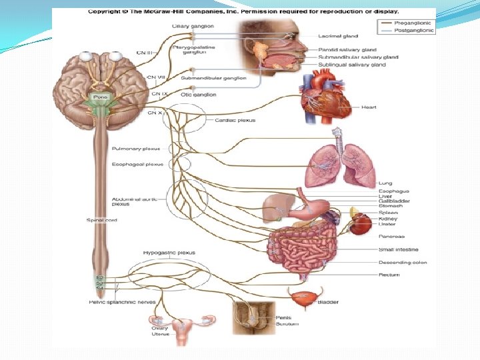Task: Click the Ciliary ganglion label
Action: pos(193,26)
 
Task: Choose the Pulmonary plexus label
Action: pos(136,149)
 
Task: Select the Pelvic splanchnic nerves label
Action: pos(122,302)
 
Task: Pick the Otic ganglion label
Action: pos(198,95)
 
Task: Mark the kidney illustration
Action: pos(361,223)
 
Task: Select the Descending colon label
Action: pos(403,263)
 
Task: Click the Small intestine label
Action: pos(399,249)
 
